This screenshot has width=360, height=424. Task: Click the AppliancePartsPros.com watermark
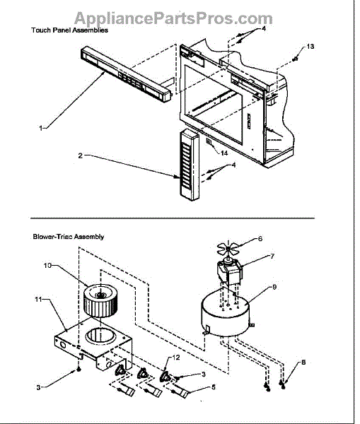pyautogui.click(x=173, y=18)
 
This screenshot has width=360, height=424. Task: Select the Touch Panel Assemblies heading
pyautogui.click(x=69, y=30)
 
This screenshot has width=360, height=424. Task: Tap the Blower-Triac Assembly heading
pyautogui.click(x=69, y=237)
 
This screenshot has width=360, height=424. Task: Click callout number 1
pyautogui.click(x=40, y=128)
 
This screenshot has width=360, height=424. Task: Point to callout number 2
pyautogui.click(x=80, y=155)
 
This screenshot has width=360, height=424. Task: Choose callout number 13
pyautogui.click(x=310, y=47)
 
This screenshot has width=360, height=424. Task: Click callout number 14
pyautogui.click(x=224, y=153)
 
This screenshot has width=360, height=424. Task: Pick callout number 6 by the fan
pyautogui.click(x=260, y=239)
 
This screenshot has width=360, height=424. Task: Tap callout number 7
pyautogui.click(x=272, y=256)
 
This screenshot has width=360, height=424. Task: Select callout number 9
pyautogui.click(x=274, y=287)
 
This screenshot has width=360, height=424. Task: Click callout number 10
pyautogui.click(x=47, y=266)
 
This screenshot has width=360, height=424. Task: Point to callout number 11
pyautogui.click(x=38, y=300)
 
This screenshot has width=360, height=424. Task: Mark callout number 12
pyautogui.click(x=176, y=358)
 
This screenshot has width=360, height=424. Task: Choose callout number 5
pyautogui.click(x=214, y=387)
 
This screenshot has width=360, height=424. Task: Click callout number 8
pyautogui.click(x=303, y=362)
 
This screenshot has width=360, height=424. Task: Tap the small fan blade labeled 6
pyautogui.click(x=228, y=249)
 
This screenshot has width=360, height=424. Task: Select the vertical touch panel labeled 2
pyautogui.click(x=189, y=165)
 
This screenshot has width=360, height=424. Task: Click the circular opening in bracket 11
pyautogui.click(x=101, y=335)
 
